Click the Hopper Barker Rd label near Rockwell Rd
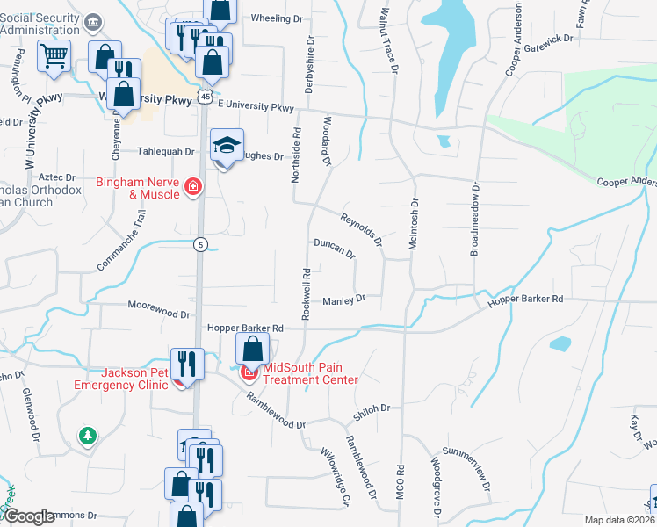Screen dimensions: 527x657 [245, 328]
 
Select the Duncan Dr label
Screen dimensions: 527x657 [334, 248]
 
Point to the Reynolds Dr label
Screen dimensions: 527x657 [362, 226]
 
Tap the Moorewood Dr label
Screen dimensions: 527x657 [159, 313]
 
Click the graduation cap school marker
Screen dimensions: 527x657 [227, 146]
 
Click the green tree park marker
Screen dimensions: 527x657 [87, 435]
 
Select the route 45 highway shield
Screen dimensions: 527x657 [204, 94]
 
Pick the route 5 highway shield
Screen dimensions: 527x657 [201, 245]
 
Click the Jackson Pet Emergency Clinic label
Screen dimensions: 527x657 [120, 378]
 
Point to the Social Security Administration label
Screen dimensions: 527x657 [46, 24]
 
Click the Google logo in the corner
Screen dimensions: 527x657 [30, 516]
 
